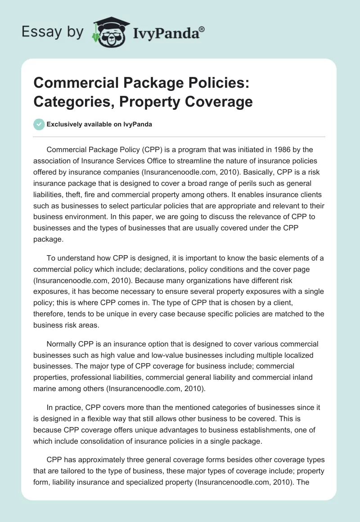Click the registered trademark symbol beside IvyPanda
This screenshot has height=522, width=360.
click(202, 29)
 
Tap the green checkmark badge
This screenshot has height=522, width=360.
click(39, 125)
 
